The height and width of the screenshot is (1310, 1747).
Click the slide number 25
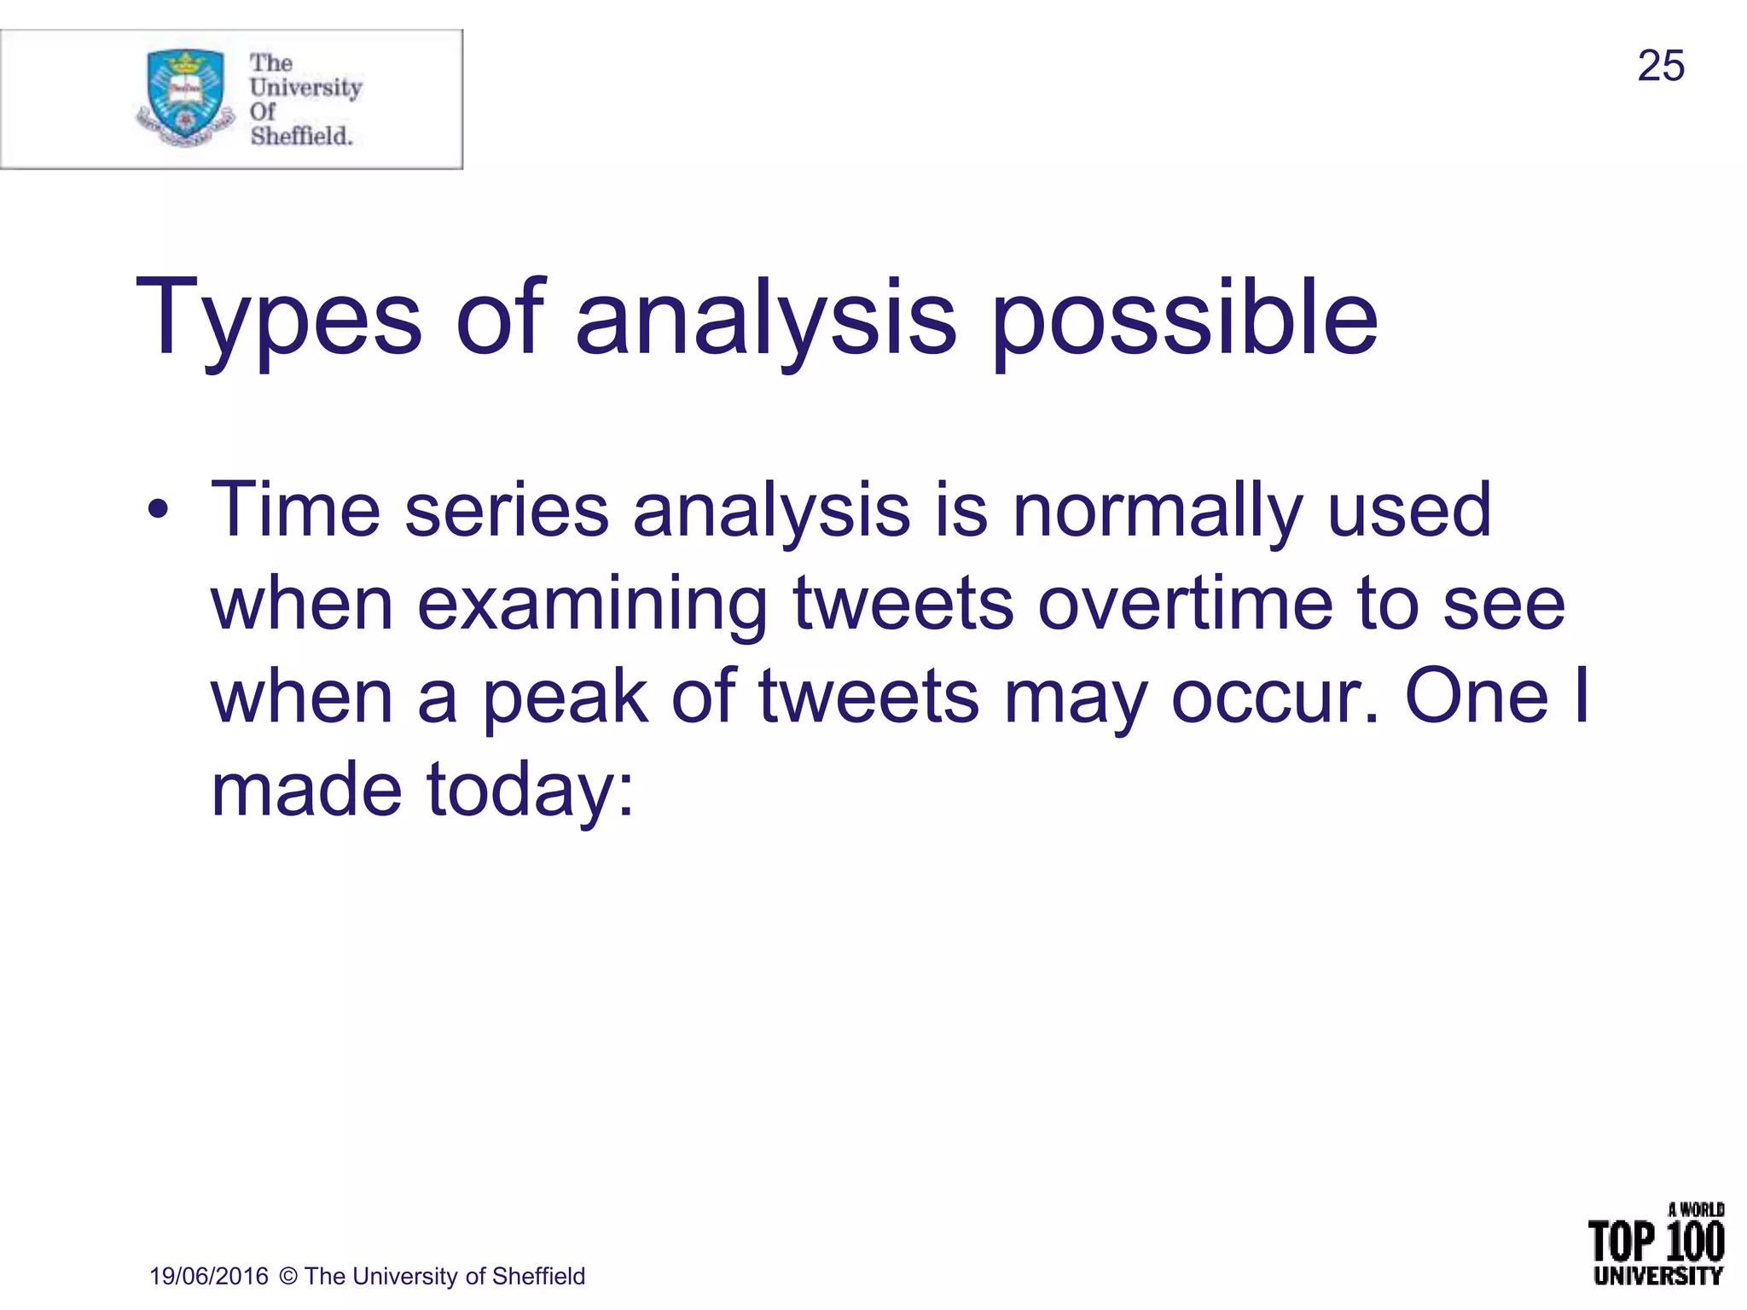(1660, 66)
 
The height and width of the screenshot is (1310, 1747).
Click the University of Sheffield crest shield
(186, 94)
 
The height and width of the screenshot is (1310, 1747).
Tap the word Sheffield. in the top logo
(301, 136)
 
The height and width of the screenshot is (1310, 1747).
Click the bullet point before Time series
(158, 511)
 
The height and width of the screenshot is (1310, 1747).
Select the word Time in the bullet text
(295, 509)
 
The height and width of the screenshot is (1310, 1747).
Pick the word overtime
(1185, 604)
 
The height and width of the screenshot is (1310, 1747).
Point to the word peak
(565, 698)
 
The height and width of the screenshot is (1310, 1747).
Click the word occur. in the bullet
(1274, 698)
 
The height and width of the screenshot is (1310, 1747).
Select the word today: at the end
(530, 791)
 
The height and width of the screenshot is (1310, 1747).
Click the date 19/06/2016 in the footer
(209, 1276)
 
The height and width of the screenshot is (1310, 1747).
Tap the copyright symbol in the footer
(288, 1276)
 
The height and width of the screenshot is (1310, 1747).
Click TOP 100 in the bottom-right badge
(1656, 1242)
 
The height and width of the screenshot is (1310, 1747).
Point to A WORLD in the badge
(1696, 1209)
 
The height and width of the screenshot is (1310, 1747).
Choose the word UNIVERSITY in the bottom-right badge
(1657, 1276)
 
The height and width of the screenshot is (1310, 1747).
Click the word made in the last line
(306, 789)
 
